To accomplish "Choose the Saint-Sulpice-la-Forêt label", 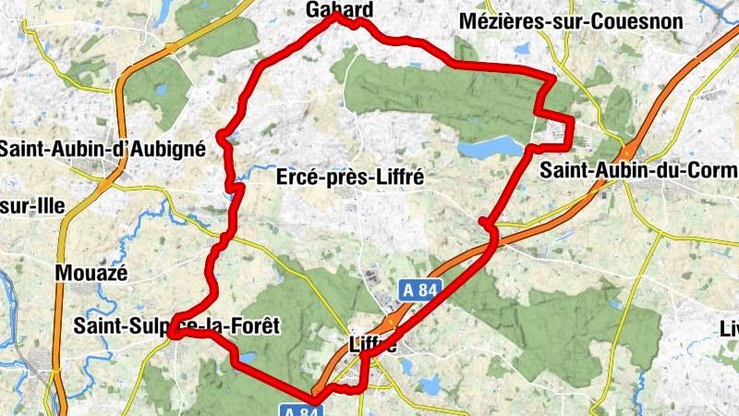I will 176,325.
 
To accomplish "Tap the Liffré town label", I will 373,346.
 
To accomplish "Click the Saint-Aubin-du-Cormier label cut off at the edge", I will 638,171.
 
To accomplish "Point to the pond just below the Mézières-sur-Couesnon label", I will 523,46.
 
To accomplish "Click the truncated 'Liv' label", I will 729,328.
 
